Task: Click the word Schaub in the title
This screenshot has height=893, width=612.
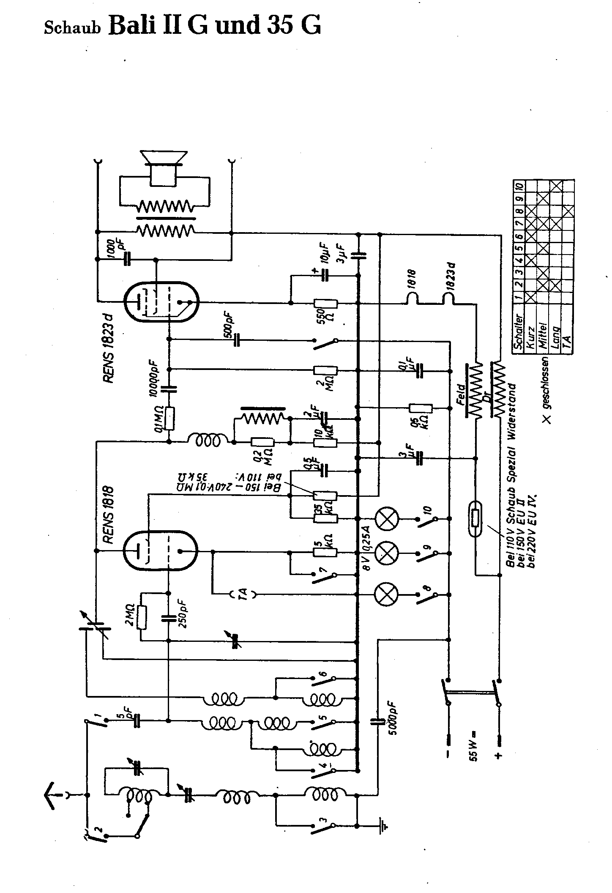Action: (72, 28)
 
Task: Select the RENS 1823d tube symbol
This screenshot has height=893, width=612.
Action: (161, 302)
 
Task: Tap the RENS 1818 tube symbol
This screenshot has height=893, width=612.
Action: (161, 551)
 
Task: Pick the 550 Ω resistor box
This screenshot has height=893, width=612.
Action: (325, 303)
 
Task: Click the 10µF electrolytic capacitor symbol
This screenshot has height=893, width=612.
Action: (325, 276)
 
